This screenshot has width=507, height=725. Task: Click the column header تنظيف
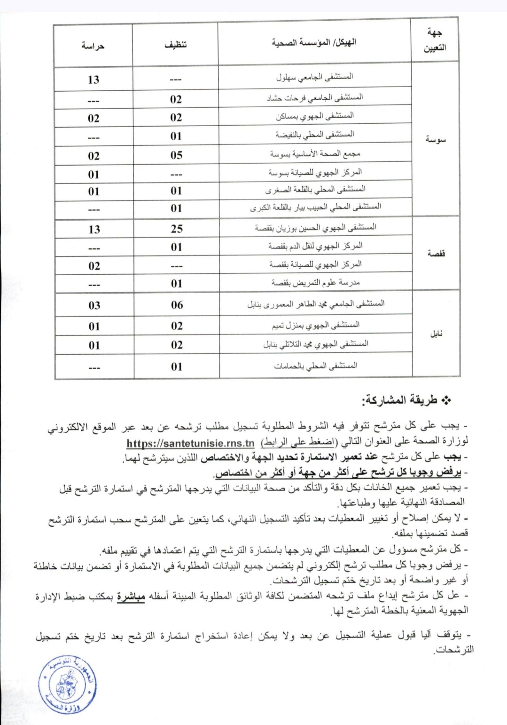click(x=175, y=45)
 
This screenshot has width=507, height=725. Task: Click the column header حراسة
click(x=93, y=46)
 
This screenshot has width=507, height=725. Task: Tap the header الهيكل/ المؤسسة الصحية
click(x=314, y=43)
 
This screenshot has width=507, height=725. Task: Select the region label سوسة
click(x=435, y=140)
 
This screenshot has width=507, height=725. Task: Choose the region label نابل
click(x=436, y=334)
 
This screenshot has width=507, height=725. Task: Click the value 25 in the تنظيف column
click(x=177, y=229)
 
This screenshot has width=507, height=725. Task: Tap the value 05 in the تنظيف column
click(x=176, y=155)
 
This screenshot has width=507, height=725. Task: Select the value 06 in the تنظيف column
click(x=177, y=305)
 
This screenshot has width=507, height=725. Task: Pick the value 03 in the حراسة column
click(x=94, y=305)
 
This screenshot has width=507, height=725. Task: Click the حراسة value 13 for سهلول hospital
click(x=93, y=79)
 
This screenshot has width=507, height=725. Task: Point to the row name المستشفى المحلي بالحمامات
click(x=316, y=365)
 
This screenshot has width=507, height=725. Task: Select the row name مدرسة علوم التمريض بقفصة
click(x=315, y=283)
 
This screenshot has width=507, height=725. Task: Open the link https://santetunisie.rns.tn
click(x=190, y=443)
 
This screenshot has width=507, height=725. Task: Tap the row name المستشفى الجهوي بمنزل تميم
click(x=316, y=325)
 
